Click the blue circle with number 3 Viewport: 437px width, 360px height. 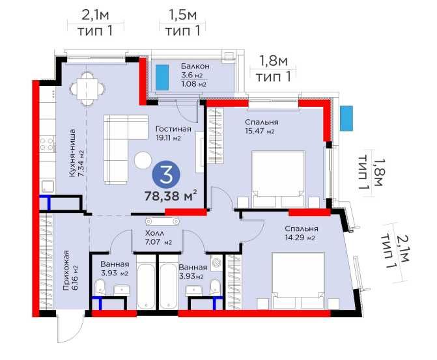coord(167,174)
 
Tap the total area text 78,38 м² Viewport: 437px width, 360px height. coord(171,195)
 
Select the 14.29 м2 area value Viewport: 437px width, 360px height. coord(301,238)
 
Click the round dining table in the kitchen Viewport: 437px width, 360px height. coord(85,87)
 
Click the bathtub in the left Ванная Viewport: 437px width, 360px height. coord(147,286)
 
